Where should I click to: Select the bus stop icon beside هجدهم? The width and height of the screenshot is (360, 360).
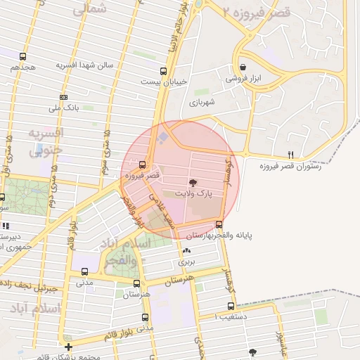(x=23, y=57)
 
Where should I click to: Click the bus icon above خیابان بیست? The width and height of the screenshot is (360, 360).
(x=164, y=71)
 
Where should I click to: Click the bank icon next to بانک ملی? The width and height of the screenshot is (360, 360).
(x=63, y=97)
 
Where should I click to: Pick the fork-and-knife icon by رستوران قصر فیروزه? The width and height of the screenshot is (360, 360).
(x=291, y=155)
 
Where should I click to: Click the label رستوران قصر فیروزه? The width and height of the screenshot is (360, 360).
(x=290, y=166)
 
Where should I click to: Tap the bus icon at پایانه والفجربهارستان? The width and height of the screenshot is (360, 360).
(x=219, y=225)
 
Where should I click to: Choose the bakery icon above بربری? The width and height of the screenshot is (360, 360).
(x=186, y=251)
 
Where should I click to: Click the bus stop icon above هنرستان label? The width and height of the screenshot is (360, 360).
(x=136, y=284)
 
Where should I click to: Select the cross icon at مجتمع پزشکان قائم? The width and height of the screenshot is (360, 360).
(x=68, y=347)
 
